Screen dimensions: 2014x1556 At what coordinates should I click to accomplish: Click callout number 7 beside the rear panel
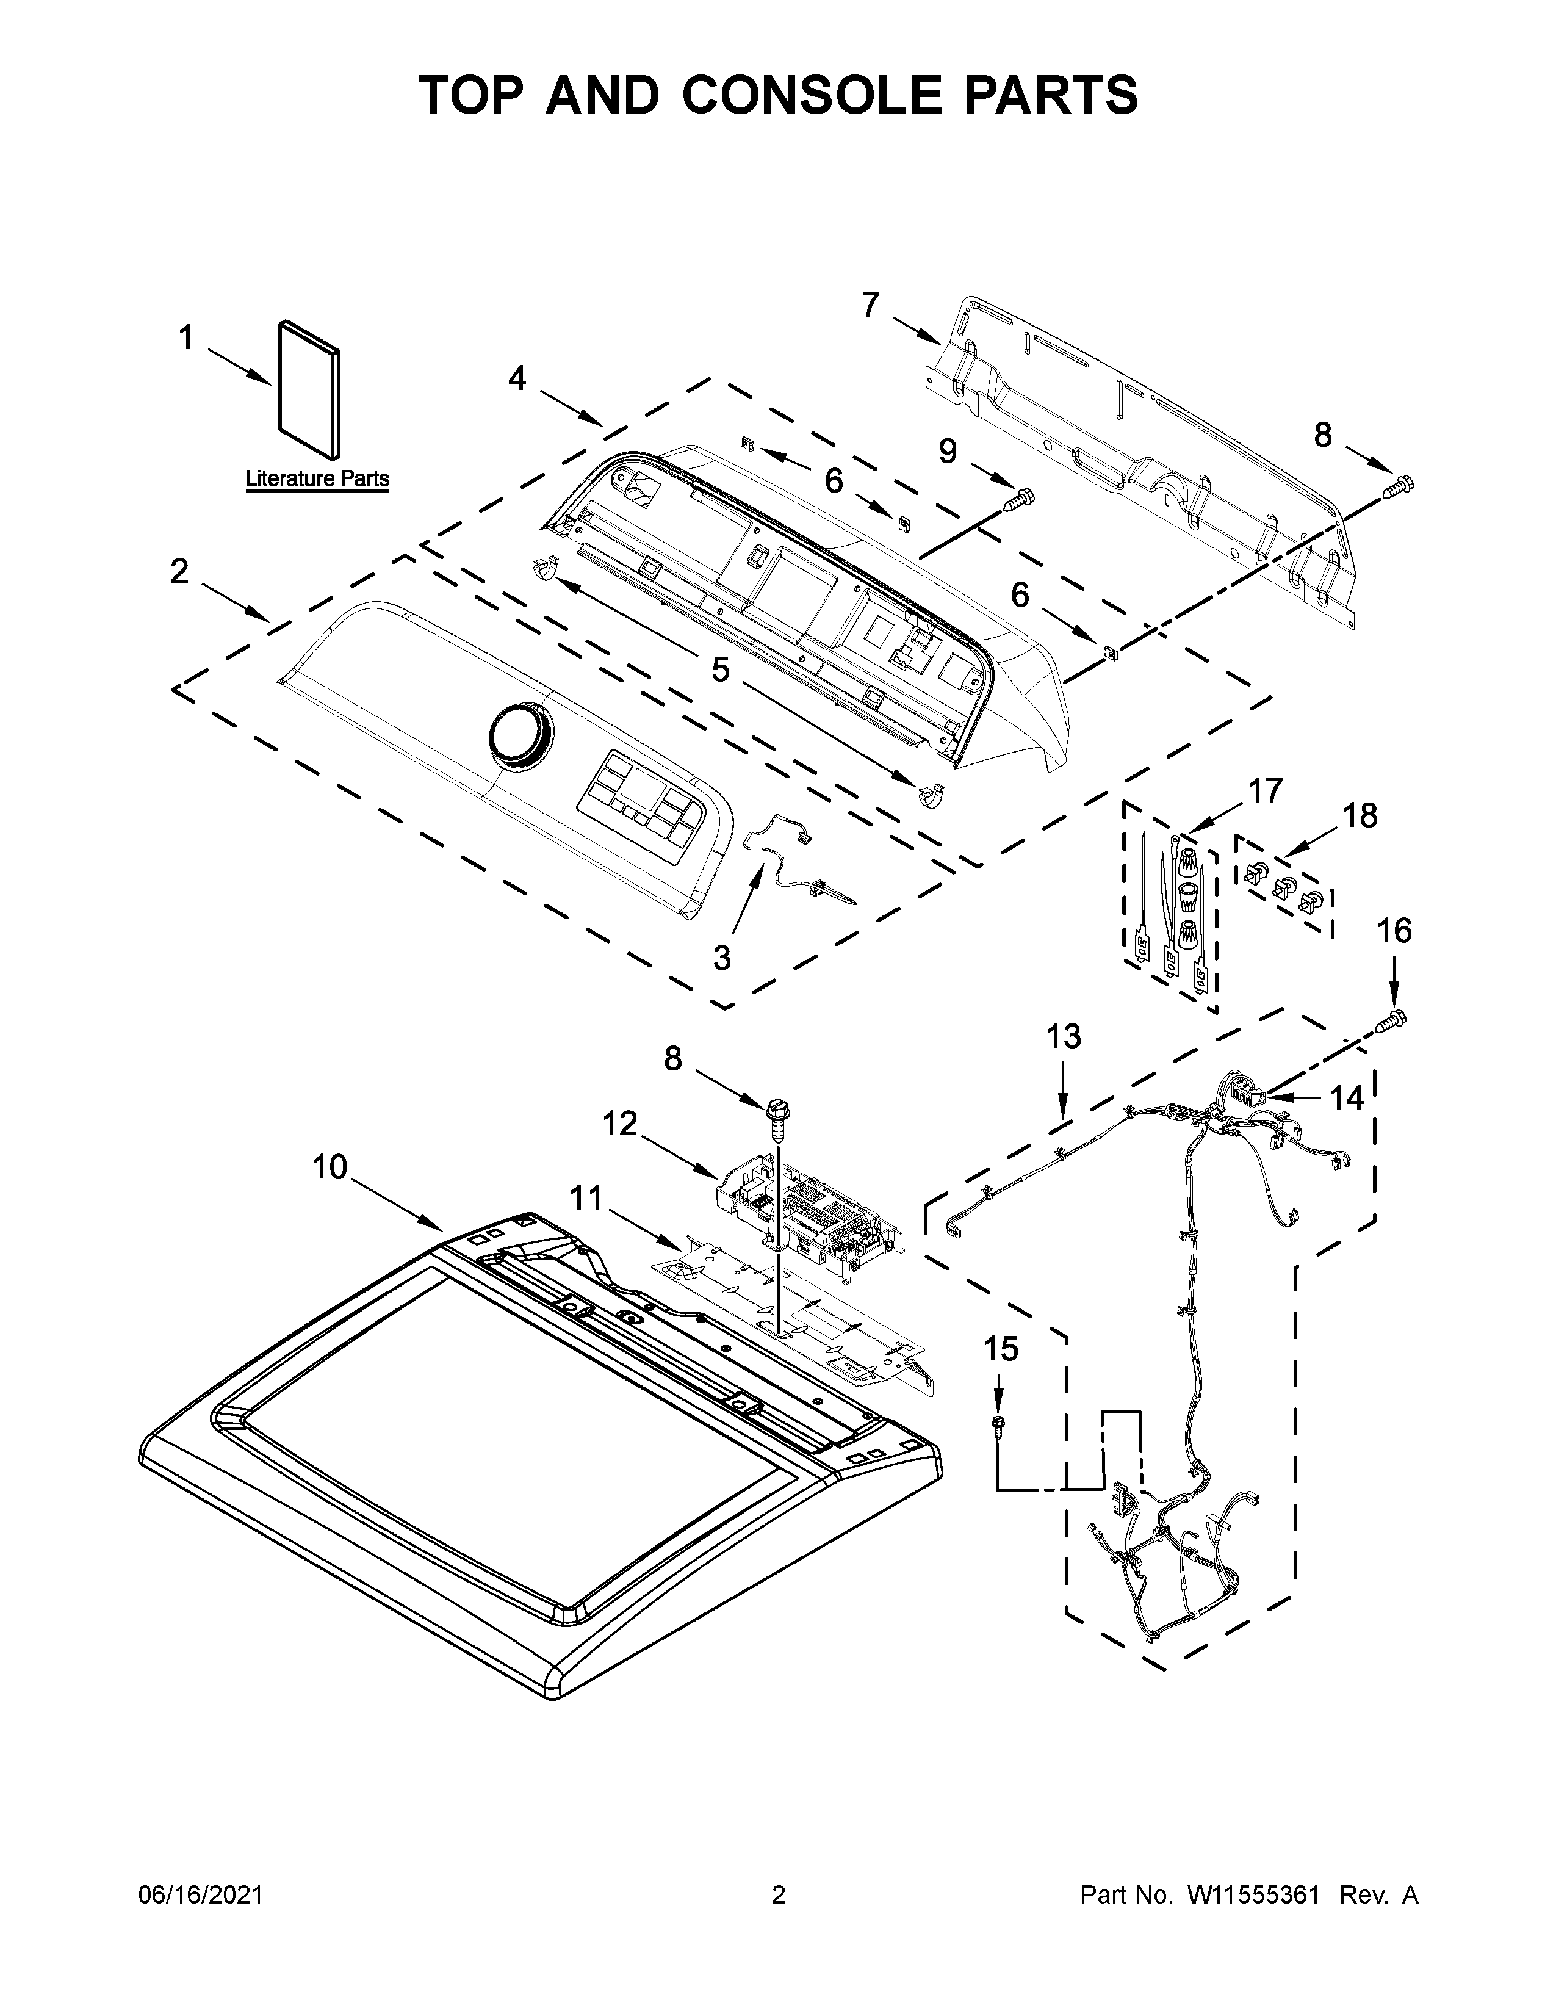(x=870, y=305)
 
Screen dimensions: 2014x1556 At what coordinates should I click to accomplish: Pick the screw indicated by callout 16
(x=1392, y=1020)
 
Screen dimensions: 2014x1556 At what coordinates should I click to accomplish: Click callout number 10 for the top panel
(x=329, y=1168)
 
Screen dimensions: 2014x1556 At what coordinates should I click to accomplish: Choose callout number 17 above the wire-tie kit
(x=1265, y=790)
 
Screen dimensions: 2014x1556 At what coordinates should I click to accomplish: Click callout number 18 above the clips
(x=1359, y=815)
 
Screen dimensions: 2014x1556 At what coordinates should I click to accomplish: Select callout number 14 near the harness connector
(x=1346, y=1099)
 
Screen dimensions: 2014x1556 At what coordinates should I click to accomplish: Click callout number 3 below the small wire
(x=722, y=958)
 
